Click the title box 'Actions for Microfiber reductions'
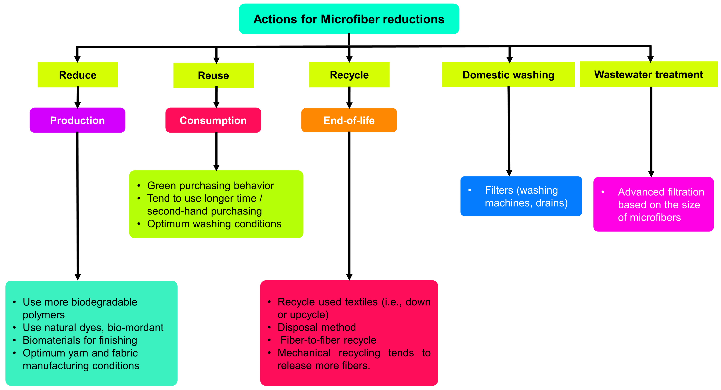[x=349, y=19]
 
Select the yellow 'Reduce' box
[x=78, y=75]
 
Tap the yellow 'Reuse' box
[x=214, y=75]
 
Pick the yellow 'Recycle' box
[x=349, y=75]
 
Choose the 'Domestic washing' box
[x=508, y=75]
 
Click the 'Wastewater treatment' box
[x=648, y=75]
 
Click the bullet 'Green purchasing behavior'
[x=210, y=186]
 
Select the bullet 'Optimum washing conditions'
[x=214, y=224]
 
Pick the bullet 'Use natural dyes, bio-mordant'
[x=93, y=327]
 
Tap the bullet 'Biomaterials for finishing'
[x=80, y=340]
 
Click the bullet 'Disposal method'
[x=317, y=327]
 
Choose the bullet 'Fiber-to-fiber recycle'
[x=328, y=340]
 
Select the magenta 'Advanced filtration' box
[x=653, y=204]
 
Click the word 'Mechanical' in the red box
[x=304, y=353]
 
